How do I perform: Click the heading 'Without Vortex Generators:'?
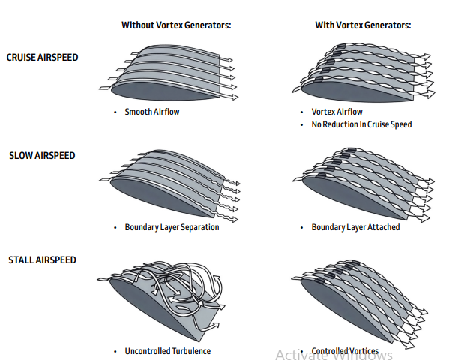point(176,25)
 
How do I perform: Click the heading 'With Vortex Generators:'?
point(362,25)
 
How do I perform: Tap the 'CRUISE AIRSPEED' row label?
point(42,57)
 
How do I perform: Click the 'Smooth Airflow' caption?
point(152,112)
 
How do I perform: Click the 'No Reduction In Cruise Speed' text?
point(361,124)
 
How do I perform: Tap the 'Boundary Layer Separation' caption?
point(172,227)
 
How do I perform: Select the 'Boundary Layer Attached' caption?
point(355,227)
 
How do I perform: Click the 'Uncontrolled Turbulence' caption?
point(167,351)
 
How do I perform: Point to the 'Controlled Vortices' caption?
point(345,351)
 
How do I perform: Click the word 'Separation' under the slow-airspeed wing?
point(200,227)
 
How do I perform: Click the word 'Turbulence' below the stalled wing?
point(191,351)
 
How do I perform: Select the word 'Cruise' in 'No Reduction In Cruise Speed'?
point(378,124)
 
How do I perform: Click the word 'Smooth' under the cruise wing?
point(137,112)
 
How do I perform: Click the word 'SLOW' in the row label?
point(20,156)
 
